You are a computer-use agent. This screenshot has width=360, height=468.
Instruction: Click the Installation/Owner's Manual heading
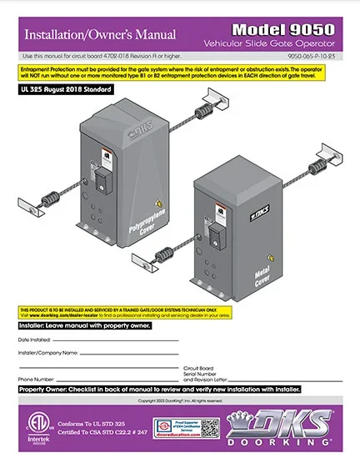[100, 35]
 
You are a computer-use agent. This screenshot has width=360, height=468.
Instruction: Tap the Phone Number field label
[37, 379]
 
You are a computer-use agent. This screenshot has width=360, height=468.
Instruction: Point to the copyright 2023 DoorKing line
[179, 401]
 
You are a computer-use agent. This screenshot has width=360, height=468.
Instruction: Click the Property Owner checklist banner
[159, 390]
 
